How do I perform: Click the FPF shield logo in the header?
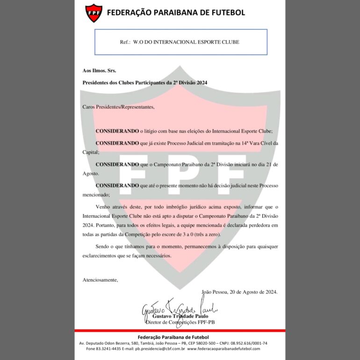(94, 13)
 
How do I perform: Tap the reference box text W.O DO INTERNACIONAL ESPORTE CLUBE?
(186, 42)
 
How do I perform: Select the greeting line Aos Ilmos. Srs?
(99, 71)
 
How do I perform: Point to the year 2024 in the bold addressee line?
(201, 82)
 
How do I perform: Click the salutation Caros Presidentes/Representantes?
(118, 107)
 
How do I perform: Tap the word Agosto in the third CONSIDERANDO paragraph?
(90, 173)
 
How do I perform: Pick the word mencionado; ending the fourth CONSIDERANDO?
(96, 194)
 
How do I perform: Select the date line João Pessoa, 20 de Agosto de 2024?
(239, 292)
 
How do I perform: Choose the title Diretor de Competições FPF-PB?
(180, 322)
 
